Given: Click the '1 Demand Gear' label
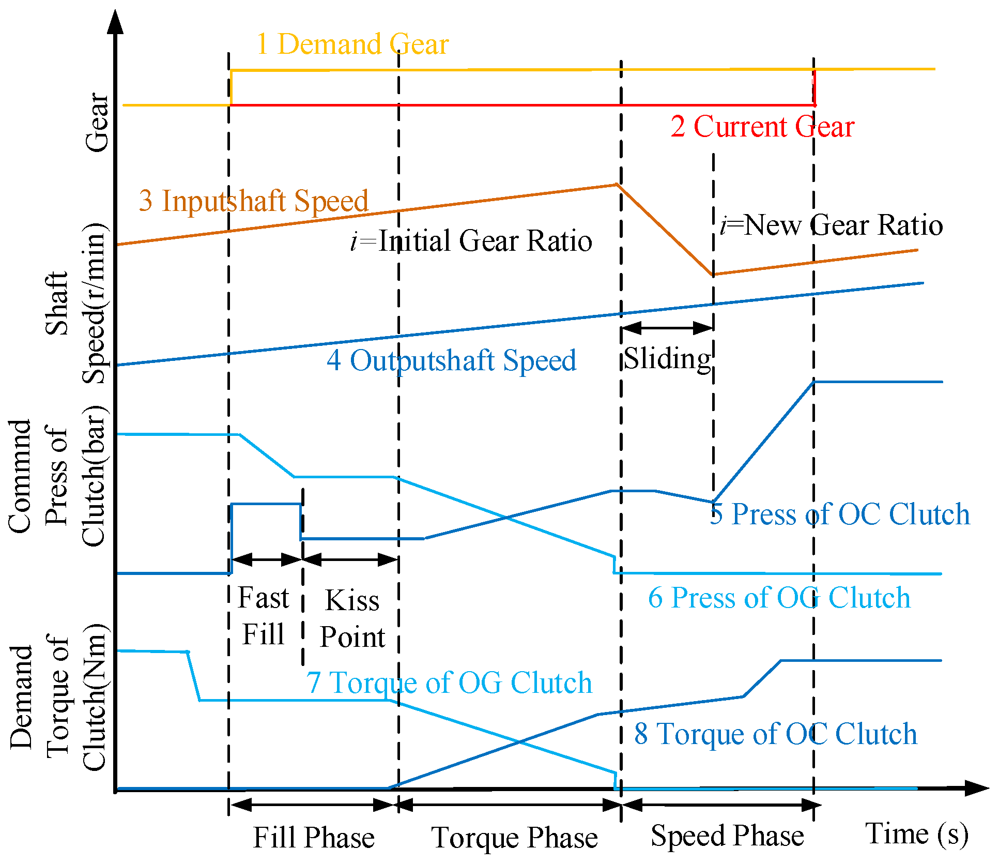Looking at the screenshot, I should (352, 44).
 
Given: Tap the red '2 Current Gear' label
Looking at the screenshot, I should (762, 127).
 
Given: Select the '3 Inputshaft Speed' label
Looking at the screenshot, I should (253, 201).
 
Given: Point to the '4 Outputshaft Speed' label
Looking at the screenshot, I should (451, 360).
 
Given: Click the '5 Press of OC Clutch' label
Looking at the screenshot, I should (839, 514).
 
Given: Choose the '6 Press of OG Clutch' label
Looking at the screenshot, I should (779, 598).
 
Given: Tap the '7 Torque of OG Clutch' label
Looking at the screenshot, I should (449, 683).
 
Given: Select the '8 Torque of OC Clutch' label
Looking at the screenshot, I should (775, 734).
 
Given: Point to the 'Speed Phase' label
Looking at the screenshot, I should (727, 836).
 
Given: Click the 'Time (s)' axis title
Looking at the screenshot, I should (916, 834).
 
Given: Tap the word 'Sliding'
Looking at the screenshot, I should (667, 358).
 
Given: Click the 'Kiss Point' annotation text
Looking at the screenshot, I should (352, 618).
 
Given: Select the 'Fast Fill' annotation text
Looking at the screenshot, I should (264, 616).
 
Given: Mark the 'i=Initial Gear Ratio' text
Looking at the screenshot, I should (471, 241).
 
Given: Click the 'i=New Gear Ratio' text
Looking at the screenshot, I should (831, 225).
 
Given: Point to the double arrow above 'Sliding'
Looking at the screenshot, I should (667, 327).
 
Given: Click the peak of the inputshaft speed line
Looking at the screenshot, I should (617, 184).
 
